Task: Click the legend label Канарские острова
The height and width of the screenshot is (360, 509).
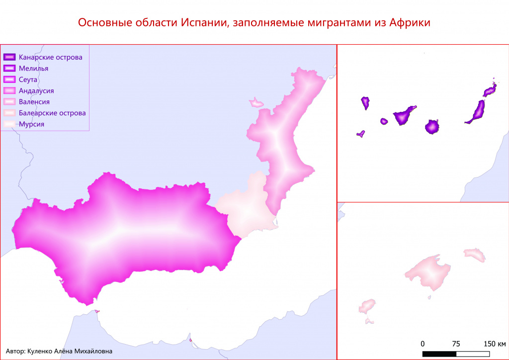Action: coord(50,57)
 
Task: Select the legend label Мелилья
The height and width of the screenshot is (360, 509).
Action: coord(33,68)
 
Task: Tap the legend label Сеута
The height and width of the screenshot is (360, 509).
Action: coord(28,80)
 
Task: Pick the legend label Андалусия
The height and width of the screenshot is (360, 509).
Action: coord(36,90)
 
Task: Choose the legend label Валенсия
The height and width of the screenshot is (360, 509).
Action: coord(34,102)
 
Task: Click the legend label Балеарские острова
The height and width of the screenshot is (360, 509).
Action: coord(52,113)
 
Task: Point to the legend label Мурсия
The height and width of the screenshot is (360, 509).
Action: coord(32,124)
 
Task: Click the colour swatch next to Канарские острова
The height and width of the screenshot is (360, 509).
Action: coord(10,57)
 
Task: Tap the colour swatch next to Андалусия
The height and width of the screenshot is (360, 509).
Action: coord(10,90)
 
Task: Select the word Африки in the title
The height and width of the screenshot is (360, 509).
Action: coord(410,23)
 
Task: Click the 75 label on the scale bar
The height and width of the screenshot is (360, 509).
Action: coord(456,344)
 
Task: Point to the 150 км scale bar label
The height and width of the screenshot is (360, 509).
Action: coord(495,344)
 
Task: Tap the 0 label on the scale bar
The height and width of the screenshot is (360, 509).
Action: coord(423,344)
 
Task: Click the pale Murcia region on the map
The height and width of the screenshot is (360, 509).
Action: coord(244,209)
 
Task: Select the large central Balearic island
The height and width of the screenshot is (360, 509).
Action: coord(427,272)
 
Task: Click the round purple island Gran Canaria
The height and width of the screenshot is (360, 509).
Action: coord(432,127)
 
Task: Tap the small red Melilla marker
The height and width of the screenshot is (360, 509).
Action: coord(191,341)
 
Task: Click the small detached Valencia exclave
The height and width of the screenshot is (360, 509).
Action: coord(256,103)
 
